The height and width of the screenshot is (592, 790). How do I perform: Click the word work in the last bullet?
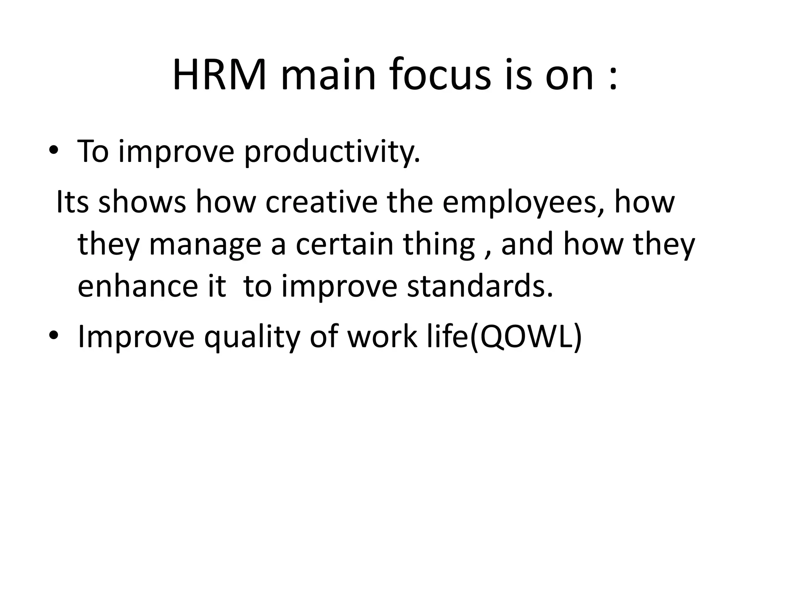pyautogui.click(x=382, y=336)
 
